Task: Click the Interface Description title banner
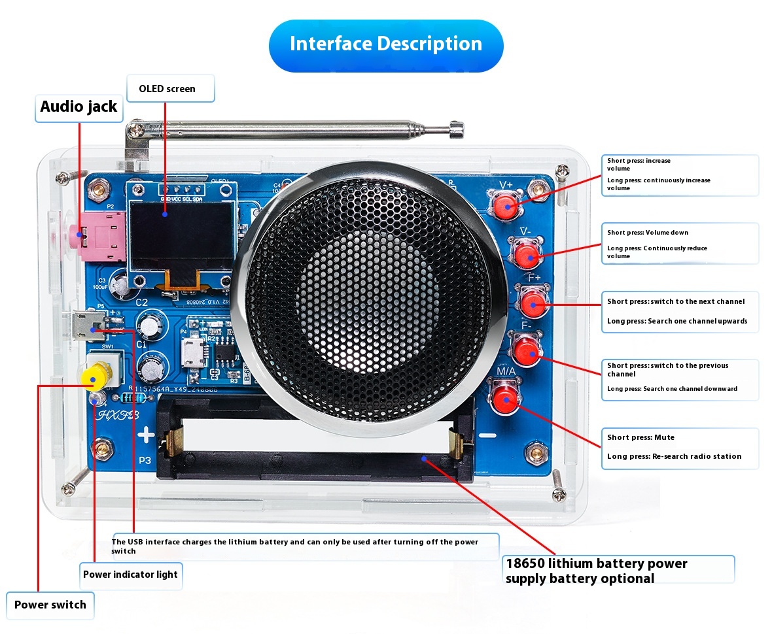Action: (386, 44)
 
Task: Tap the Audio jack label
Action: (79, 107)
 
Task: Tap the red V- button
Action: (525, 256)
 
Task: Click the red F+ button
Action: (533, 303)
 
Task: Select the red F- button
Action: (526, 352)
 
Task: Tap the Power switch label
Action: (50, 605)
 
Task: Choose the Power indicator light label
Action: (130, 575)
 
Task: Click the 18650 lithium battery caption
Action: (596, 571)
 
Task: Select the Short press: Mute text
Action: (640, 437)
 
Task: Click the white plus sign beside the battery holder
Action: (145, 433)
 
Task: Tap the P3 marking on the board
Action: (145, 459)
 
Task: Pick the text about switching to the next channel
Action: (676, 301)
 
